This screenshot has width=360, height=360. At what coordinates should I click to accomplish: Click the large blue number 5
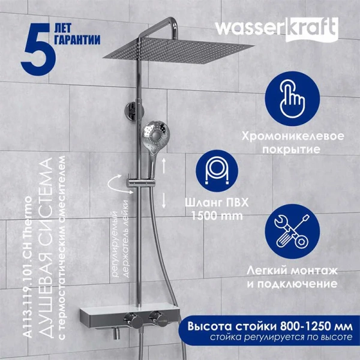tap(38, 49)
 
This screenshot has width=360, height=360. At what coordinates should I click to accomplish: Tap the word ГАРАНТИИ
tap(78, 40)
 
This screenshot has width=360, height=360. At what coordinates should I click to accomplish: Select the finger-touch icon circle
tap(292, 98)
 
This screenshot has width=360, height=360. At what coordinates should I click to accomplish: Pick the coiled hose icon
tap(217, 171)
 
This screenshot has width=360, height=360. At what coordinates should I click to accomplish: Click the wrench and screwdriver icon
tap(292, 232)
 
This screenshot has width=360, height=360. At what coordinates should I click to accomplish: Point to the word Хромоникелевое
tap(293, 136)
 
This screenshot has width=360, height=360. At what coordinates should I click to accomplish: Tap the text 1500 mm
tap(217, 216)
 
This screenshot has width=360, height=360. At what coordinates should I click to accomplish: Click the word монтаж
tap(314, 271)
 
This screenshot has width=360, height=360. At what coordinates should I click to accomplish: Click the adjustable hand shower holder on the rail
tap(141, 182)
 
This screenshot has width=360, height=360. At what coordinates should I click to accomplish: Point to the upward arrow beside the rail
tap(164, 166)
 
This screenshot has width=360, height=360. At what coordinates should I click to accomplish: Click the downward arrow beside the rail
tap(164, 200)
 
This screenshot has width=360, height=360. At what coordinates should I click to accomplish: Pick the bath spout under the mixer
tap(117, 334)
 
